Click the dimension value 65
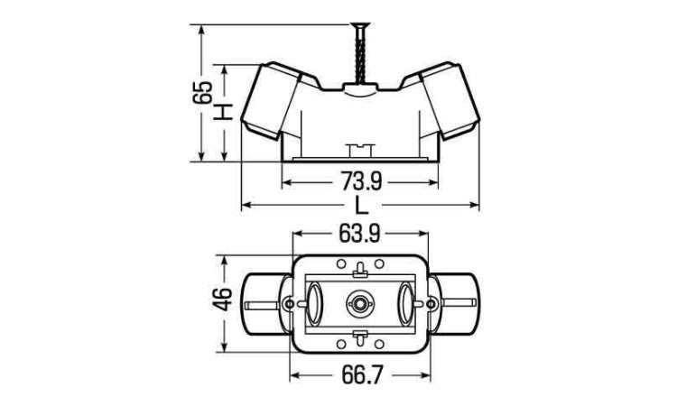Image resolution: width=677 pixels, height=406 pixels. pos(202,92)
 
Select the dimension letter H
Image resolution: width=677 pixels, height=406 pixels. pos(225,113)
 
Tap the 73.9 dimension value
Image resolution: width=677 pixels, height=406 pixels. pos(361,180)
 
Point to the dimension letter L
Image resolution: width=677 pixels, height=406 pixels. pos(361,205)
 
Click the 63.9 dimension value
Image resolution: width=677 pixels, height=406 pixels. pos(360,234)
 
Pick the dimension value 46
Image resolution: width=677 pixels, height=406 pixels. pos(223,299)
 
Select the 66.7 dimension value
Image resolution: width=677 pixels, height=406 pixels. pos(362,375)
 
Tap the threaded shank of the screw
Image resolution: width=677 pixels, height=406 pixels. pos(360,55)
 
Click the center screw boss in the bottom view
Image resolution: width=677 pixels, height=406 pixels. pos(358,304)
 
